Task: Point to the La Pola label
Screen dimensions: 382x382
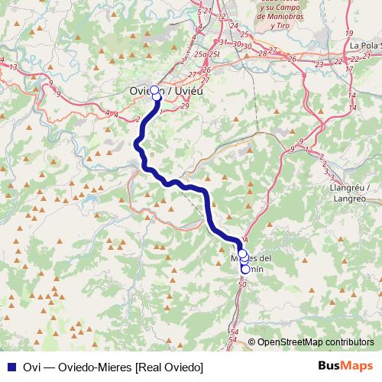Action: click(364, 45)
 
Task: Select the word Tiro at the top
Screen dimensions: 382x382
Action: click(283, 24)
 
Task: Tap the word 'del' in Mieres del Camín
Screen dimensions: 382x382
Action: click(264, 257)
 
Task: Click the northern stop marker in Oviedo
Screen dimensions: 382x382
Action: click(154, 90)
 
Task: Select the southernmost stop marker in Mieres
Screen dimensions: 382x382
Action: click(245, 269)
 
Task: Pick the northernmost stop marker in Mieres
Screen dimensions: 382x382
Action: click(242, 254)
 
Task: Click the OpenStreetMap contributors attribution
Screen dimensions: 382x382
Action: click(316, 342)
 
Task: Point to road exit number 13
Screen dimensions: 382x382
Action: click(13, 67)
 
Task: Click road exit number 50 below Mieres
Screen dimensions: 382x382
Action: click(241, 284)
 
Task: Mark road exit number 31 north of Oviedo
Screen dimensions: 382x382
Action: click(227, 43)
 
